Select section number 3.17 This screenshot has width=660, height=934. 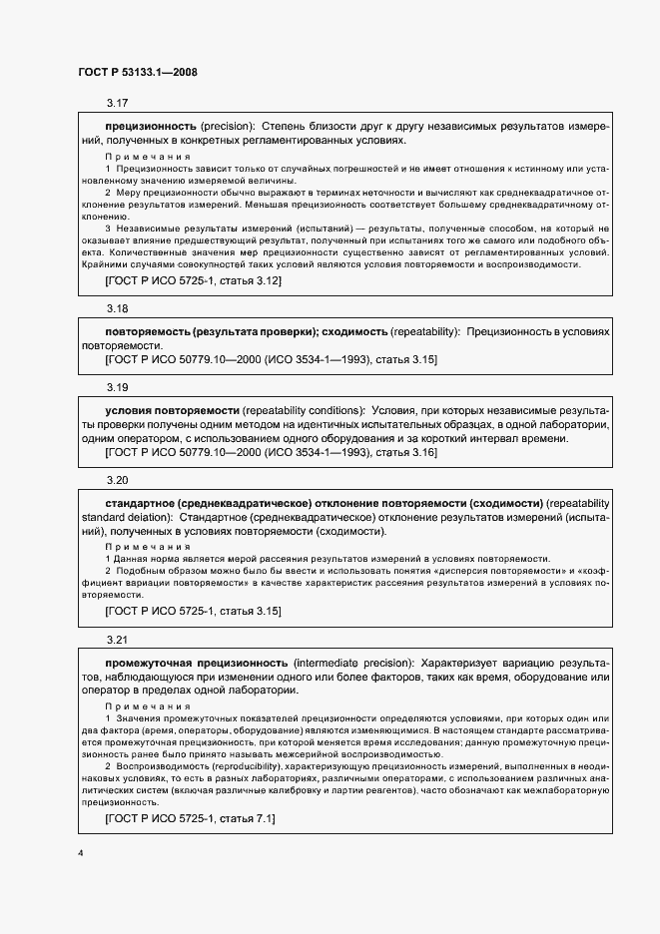point(117,104)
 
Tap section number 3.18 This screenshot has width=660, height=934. point(117,308)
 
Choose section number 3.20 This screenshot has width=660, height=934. point(117,480)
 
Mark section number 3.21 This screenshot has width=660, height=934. point(117,639)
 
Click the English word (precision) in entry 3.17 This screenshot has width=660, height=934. point(229,127)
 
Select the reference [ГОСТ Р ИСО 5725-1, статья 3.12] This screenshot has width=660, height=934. point(193,282)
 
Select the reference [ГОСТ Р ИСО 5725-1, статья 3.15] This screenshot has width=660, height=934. point(193,611)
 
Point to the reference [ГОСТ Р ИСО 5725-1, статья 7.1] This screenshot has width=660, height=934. point(190,819)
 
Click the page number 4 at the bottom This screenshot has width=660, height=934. point(80,854)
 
